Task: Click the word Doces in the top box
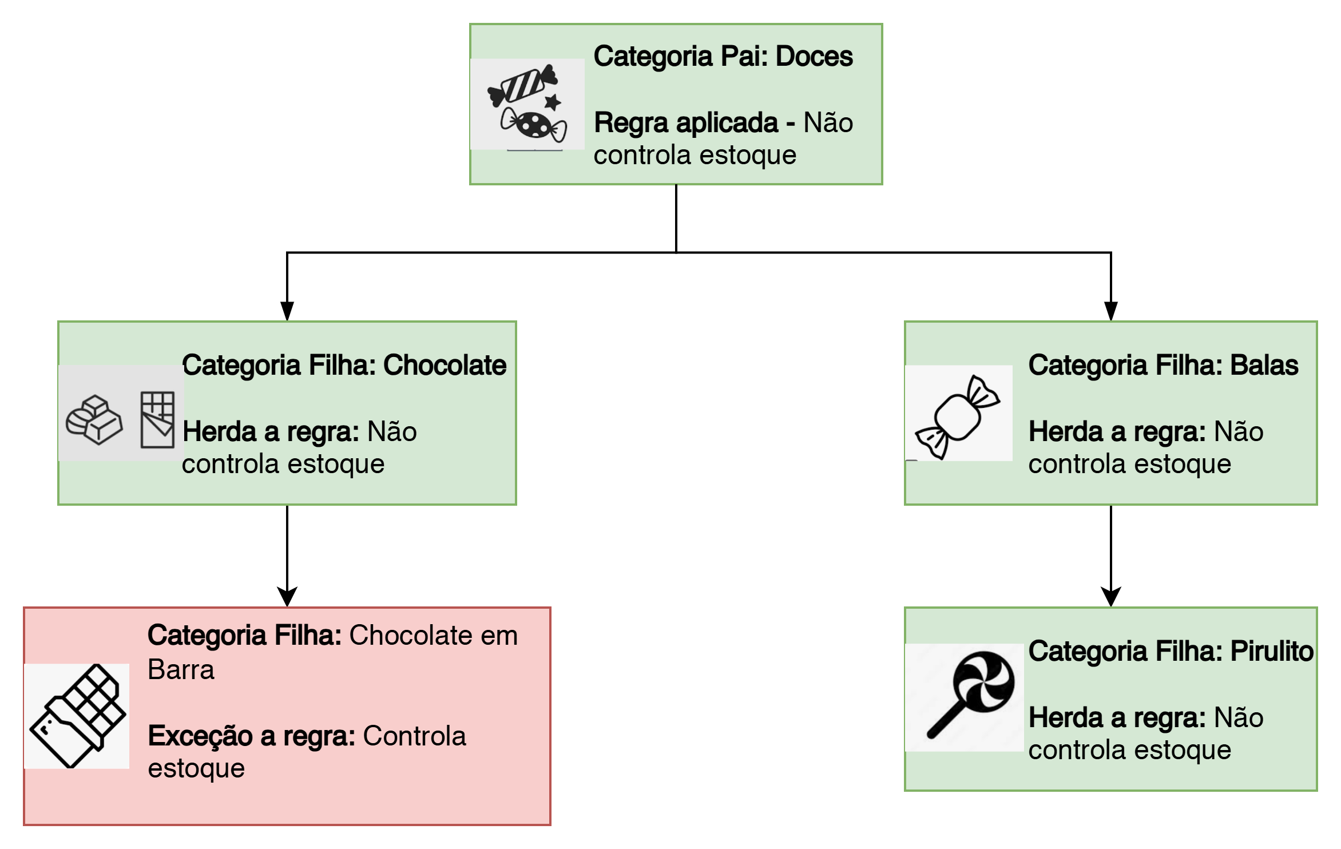[814, 57]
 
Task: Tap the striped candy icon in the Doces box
[522, 86]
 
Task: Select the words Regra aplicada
[686, 123]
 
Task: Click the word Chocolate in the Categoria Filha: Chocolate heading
[445, 366]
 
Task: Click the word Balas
[1264, 366]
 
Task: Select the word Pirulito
[1272, 652]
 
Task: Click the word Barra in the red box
[181, 669]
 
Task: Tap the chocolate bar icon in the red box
[77, 715]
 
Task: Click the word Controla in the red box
[414, 736]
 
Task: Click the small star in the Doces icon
[552, 102]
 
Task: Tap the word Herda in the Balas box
[1066, 432]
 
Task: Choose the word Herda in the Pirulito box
[1066, 718]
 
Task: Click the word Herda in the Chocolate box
[219, 432]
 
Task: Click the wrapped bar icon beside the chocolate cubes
[157, 419]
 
